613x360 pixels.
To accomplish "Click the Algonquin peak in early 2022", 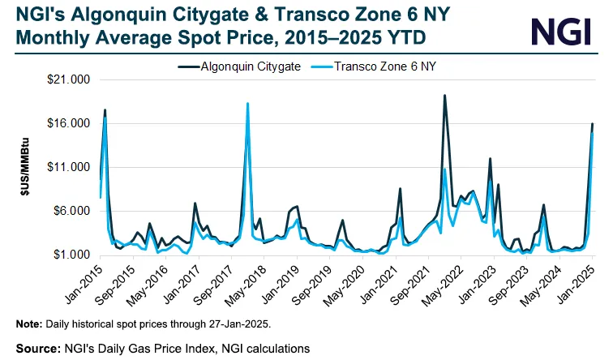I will (x=444, y=96).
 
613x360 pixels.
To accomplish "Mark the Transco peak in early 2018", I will (x=247, y=104).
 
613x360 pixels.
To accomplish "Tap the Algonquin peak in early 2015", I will (x=105, y=109).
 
